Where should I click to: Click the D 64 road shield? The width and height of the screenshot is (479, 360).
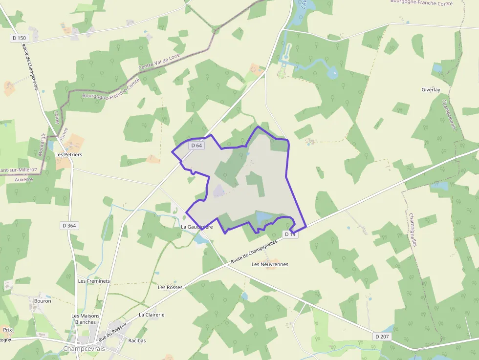point(196,145)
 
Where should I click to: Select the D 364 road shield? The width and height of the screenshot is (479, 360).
point(69,225)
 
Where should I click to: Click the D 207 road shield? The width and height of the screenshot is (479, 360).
point(383,337)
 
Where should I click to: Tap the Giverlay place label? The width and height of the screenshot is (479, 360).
point(431,90)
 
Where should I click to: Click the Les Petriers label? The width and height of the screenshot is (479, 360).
point(68,154)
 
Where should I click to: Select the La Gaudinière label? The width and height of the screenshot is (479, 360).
point(197,227)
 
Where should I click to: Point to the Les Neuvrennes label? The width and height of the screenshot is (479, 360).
point(270,264)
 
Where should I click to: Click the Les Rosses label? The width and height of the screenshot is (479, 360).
point(170,287)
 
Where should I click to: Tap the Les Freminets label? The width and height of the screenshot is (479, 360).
point(94,281)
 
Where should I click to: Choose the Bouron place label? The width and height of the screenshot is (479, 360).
point(43,301)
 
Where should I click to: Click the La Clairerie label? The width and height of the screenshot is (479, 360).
point(152,315)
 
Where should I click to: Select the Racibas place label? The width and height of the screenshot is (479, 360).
point(136,340)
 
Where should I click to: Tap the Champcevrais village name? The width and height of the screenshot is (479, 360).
point(84,349)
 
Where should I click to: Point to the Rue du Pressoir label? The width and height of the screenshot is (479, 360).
point(112,332)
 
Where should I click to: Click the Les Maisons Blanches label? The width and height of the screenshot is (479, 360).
point(86,319)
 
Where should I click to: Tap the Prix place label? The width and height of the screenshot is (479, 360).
point(7,330)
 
